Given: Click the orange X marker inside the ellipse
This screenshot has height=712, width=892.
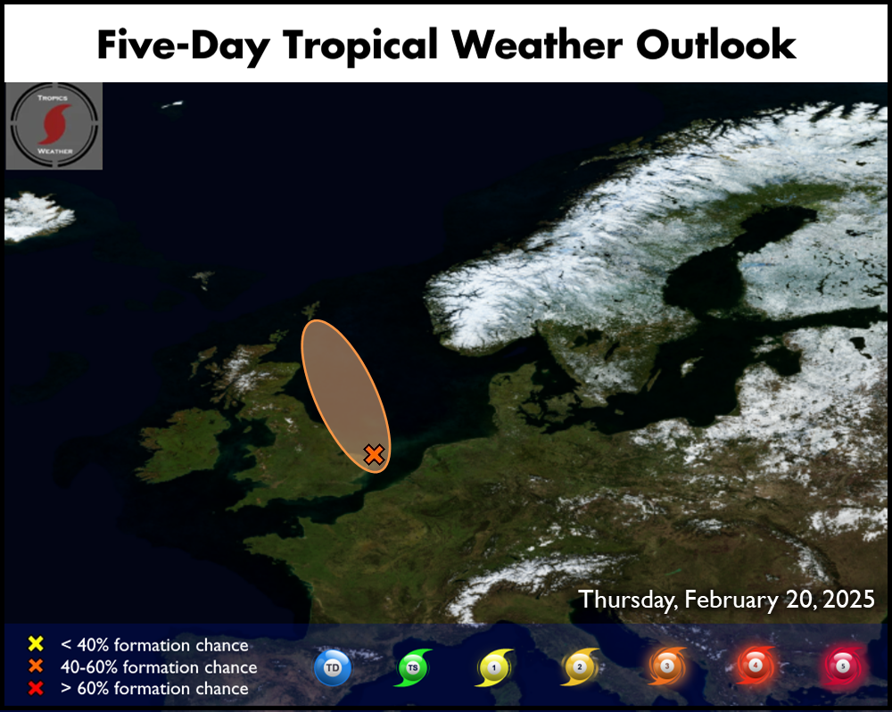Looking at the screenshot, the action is pyautogui.click(x=374, y=454).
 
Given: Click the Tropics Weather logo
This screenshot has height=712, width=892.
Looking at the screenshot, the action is pyautogui.click(x=54, y=126).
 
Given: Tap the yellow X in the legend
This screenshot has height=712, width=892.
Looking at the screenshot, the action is pyautogui.click(x=36, y=643).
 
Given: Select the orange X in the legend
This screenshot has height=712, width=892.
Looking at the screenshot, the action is pyautogui.click(x=36, y=666).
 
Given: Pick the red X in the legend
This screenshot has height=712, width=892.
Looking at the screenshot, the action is pyautogui.click(x=36, y=688).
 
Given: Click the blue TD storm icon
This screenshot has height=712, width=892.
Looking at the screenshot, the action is pyautogui.click(x=333, y=667).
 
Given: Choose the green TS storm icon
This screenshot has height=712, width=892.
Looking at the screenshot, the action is pyautogui.click(x=413, y=667).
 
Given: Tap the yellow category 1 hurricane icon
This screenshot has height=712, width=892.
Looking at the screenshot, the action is pyautogui.click(x=494, y=667).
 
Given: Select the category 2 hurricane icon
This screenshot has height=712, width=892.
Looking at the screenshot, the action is pyautogui.click(x=580, y=666).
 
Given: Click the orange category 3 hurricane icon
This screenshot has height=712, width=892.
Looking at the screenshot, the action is pyautogui.click(x=667, y=666).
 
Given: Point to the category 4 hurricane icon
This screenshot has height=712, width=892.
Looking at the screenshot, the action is pyautogui.click(x=756, y=665).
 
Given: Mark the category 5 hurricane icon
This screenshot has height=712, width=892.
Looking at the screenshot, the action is pyautogui.click(x=843, y=666).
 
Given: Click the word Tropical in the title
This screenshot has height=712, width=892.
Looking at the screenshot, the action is pyautogui.click(x=360, y=46).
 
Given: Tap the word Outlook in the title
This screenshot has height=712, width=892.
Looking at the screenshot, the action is pyautogui.click(x=715, y=44).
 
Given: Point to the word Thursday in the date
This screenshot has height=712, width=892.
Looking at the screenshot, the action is pyautogui.click(x=628, y=600).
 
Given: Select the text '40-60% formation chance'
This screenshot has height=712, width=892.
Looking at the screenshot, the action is pyautogui.click(x=159, y=666).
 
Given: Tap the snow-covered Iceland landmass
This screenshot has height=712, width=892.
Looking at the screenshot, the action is pyautogui.click(x=37, y=216).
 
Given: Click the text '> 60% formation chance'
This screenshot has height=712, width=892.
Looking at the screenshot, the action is pyautogui.click(x=154, y=688).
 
